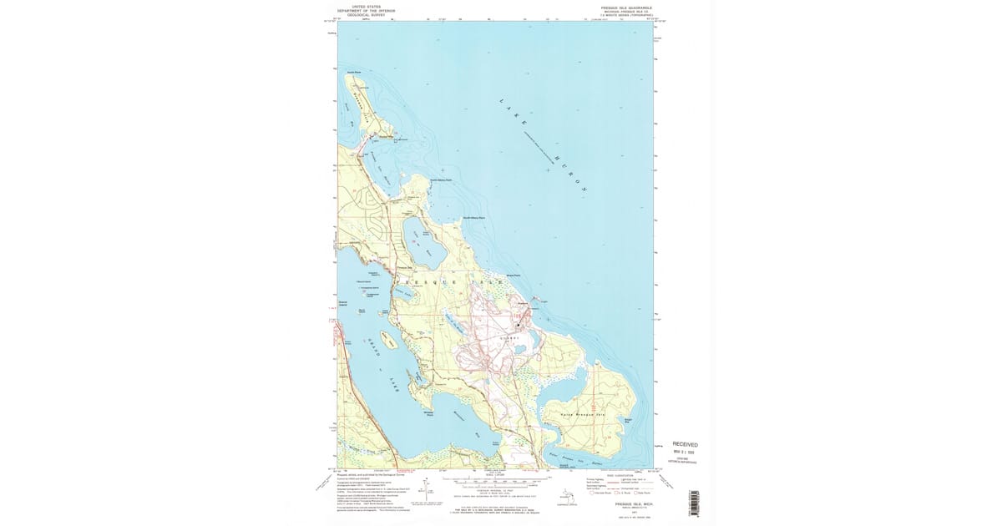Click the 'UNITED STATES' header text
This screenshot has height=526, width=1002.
367,7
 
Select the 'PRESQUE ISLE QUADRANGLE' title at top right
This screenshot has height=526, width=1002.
623,7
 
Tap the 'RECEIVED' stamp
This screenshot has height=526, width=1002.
685,444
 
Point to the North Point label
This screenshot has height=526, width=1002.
352,72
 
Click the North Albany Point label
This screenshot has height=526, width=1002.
440,180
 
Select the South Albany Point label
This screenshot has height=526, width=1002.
474,219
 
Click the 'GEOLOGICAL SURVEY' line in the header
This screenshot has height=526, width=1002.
367,15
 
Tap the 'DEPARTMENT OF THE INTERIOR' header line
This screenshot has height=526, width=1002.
367,11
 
